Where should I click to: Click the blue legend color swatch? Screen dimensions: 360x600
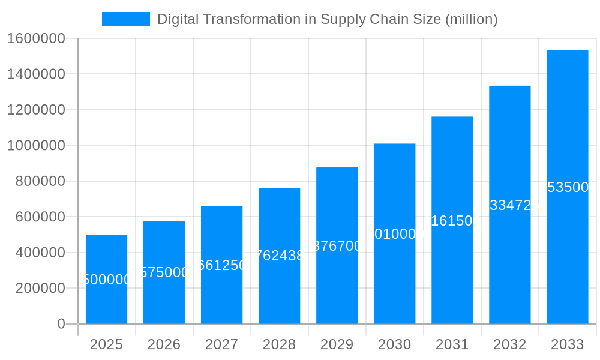point(125,19)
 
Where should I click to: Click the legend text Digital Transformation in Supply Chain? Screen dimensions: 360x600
point(327,19)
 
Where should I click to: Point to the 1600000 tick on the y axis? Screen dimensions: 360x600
point(36,38)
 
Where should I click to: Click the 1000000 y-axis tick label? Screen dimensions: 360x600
point(36,145)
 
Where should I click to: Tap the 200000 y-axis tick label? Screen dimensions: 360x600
point(40,288)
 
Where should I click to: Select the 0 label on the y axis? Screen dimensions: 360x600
point(61,324)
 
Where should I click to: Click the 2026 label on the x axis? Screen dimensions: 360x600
point(164,344)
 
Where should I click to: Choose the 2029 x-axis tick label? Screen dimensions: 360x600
point(337,344)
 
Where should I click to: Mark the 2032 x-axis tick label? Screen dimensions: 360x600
point(509,344)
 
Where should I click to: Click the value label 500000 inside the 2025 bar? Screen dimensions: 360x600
point(106,280)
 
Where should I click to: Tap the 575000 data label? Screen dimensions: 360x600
point(164,272)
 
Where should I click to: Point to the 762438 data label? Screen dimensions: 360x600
point(279,256)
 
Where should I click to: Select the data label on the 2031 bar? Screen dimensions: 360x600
point(452,221)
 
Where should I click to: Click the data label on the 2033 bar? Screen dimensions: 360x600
point(570,187)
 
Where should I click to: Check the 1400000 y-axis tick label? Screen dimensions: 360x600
point(36,74)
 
